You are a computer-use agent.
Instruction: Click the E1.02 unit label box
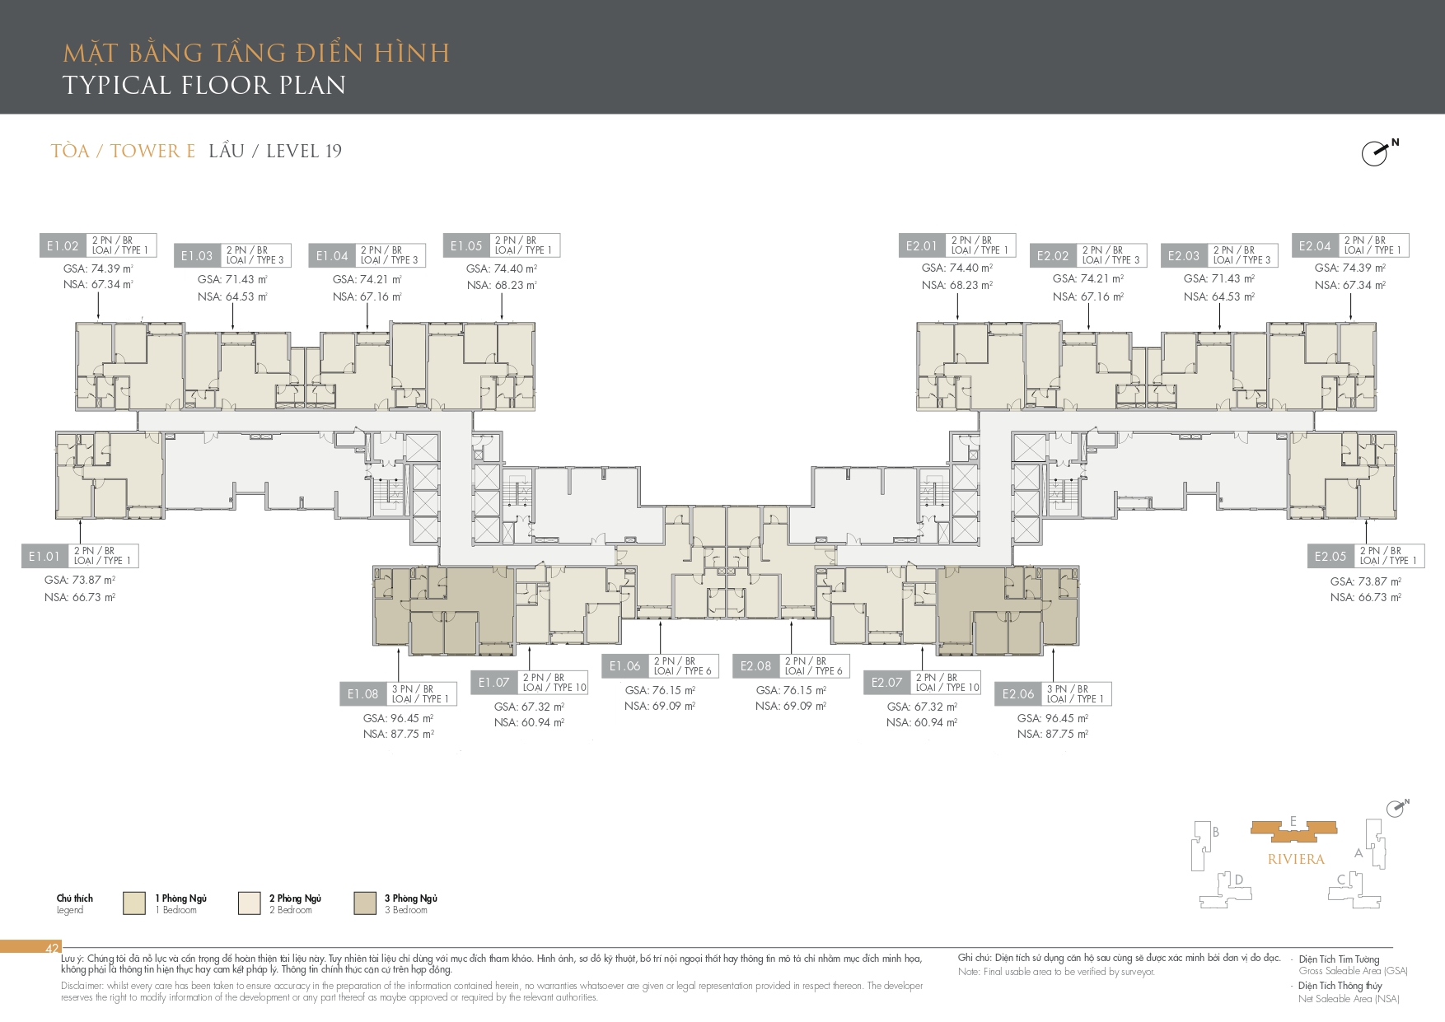coord(63,245)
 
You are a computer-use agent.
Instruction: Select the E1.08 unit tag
coord(362,694)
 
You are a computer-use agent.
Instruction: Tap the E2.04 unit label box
coord(1315,245)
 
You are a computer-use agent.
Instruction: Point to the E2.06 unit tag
coord(1018,694)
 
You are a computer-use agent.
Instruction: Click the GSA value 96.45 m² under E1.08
coord(398,718)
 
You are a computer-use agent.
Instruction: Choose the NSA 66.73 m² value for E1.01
coord(79,597)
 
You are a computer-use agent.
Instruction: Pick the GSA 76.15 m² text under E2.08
coord(791,690)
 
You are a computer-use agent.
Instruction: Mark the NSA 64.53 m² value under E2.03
coord(1218,296)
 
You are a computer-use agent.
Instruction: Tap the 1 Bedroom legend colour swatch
coord(134,903)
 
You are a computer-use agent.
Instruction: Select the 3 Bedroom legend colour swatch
coord(365,903)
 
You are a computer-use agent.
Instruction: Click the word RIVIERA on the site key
coord(1296,859)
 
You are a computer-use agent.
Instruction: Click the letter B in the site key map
coord(1215,832)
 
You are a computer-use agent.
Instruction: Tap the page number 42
coord(52,949)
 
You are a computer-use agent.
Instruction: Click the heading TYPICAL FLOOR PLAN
coord(204,85)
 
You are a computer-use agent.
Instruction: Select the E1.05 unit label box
coord(466,245)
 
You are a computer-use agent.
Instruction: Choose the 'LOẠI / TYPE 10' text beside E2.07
coord(947,688)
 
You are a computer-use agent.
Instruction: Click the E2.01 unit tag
coord(922,245)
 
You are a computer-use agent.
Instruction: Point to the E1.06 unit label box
coord(624,666)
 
